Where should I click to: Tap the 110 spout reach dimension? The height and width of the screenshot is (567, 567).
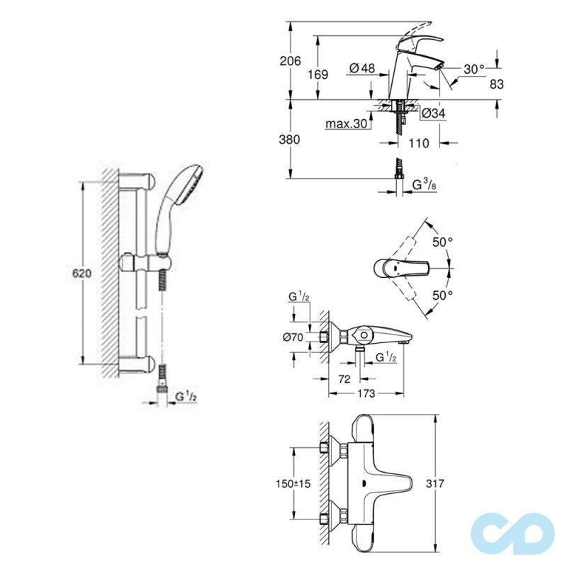tap(420, 143)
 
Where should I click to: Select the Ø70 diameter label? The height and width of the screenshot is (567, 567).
tap(293, 337)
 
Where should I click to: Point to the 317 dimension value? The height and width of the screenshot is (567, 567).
tap(436, 483)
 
